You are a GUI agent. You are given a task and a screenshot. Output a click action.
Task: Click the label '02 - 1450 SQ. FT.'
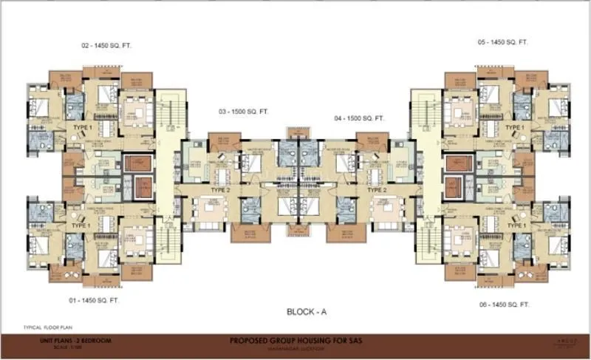pos(106,45)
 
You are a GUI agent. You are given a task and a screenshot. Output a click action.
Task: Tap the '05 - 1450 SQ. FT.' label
pos(502,43)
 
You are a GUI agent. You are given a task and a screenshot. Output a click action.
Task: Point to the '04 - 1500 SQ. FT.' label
pos(360,118)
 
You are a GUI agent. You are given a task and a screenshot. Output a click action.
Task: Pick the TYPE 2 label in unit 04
pos(378,190)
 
